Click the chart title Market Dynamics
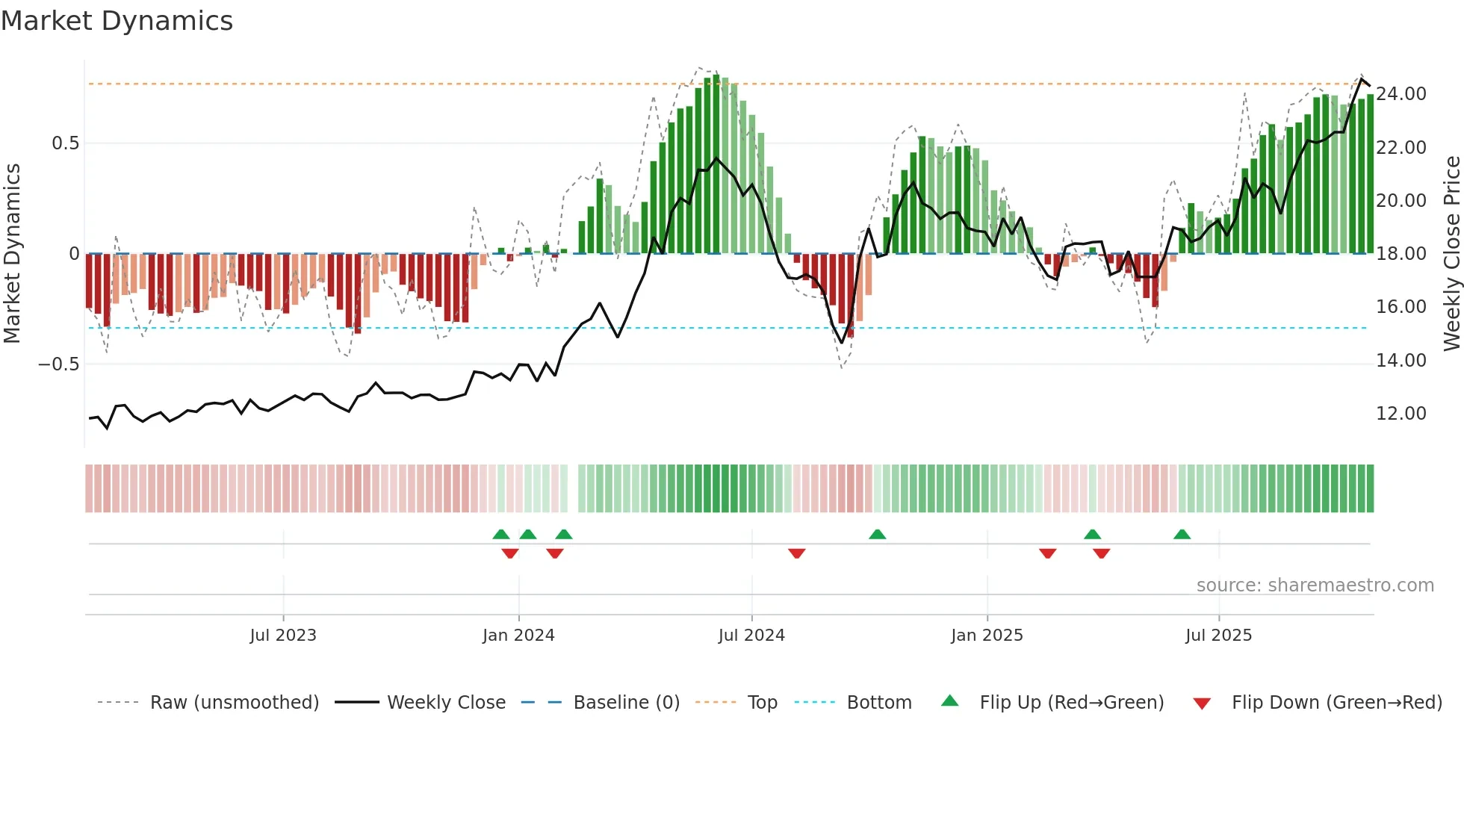tap(117, 21)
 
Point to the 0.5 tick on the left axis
tap(65, 143)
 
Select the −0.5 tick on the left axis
tap(58, 364)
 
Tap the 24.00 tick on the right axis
tap(1401, 94)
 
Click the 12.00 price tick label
tap(1401, 414)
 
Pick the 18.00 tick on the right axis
tap(1401, 254)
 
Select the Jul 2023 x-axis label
tap(283, 636)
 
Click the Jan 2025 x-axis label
tap(987, 636)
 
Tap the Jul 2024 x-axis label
tap(751, 636)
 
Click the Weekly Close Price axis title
tap(1451, 254)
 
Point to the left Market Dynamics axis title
tap(12, 254)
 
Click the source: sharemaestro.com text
tap(1315, 586)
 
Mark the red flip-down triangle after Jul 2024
tap(796, 553)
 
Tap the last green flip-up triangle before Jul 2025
tap(1182, 535)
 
